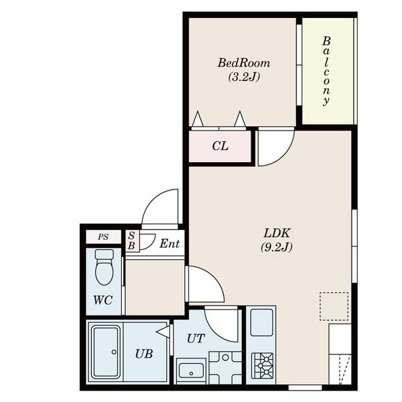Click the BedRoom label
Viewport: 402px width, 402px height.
pyautogui.click(x=244, y=63)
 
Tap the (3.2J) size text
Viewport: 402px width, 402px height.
pyautogui.click(x=244, y=76)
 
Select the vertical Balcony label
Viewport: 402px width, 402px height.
pyautogui.click(x=326, y=71)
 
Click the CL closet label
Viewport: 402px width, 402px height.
pyautogui.click(x=220, y=146)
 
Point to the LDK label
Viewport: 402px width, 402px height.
pyautogui.click(x=277, y=233)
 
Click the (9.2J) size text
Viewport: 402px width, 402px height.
pyautogui.click(x=277, y=247)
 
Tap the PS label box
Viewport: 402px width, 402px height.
pyautogui.click(x=103, y=237)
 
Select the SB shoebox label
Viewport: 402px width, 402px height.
pyautogui.click(x=131, y=241)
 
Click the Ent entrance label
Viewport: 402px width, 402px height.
pyautogui.click(x=170, y=244)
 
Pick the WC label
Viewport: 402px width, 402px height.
pyautogui.click(x=103, y=299)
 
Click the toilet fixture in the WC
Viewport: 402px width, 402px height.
pyautogui.click(x=104, y=267)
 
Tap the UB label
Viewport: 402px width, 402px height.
pyautogui.click(x=144, y=354)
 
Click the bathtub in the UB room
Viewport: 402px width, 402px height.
pyautogui.click(x=106, y=352)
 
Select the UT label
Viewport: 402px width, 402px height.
pyautogui.click(x=196, y=338)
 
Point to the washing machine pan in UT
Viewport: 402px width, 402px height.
pyautogui.click(x=226, y=368)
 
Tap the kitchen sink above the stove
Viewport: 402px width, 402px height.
pyautogui.click(x=261, y=322)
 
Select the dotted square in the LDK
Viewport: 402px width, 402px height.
pyautogui.click(x=334, y=306)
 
